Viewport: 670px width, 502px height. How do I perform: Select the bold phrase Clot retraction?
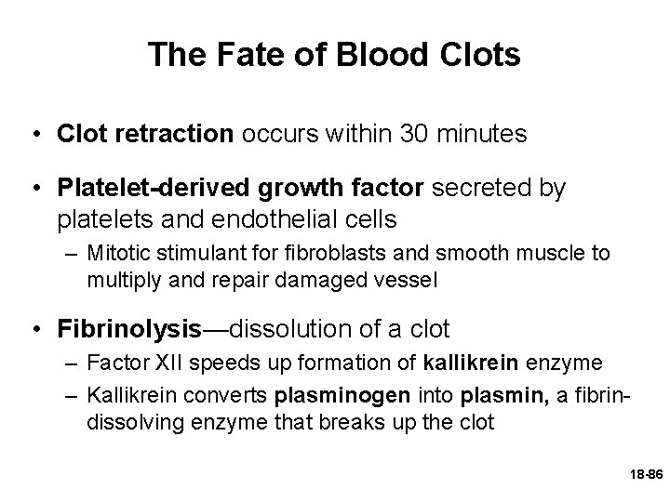(145, 134)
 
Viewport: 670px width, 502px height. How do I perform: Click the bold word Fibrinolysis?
(129, 328)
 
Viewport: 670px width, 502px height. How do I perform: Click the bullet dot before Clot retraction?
(33, 135)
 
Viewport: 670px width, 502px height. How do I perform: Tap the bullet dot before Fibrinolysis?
(33, 329)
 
